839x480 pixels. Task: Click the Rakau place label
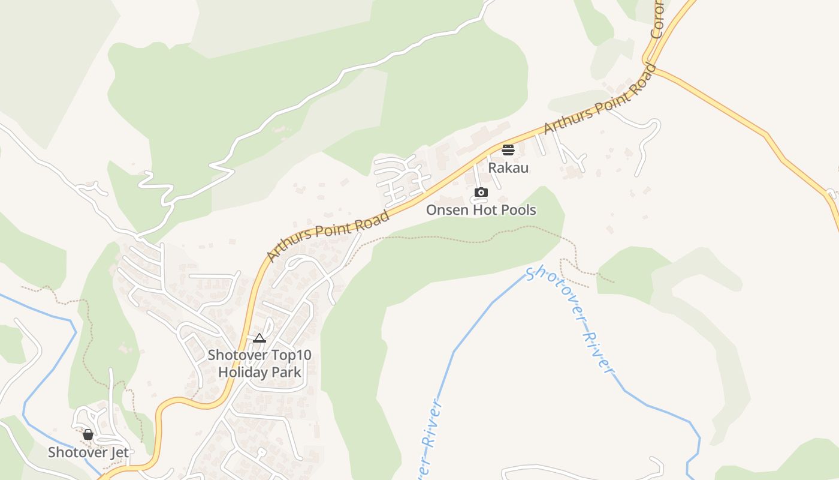click(x=508, y=167)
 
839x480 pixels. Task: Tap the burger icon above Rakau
click(x=508, y=149)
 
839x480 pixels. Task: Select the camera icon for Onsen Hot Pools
click(x=481, y=193)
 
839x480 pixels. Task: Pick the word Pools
click(x=518, y=210)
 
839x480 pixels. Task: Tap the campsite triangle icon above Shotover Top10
click(x=259, y=338)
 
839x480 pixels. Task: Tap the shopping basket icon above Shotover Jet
click(x=88, y=434)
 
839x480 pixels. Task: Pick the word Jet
click(x=119, y=452)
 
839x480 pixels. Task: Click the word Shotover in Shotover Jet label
click(x=77, y=452)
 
